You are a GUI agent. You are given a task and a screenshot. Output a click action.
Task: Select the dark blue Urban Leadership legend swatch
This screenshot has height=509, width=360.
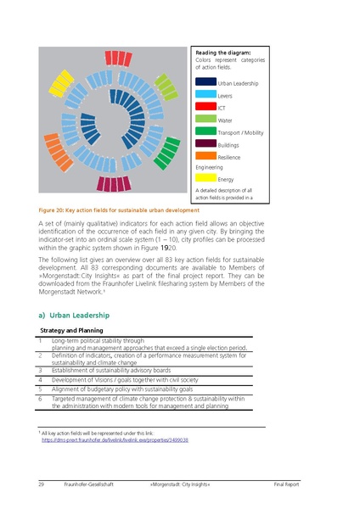pyautogui.click(x=205, y=82)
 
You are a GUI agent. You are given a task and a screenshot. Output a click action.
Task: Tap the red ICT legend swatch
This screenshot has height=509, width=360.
pyautogui.click(x=205, y=107)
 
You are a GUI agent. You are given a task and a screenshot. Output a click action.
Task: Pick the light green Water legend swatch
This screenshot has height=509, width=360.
pyautogui.click(x=205, y=119)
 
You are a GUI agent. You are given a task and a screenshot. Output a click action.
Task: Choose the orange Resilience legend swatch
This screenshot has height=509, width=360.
pyautogui.click(x=205, y=155)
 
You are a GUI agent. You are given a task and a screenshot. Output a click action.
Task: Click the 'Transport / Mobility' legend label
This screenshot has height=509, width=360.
pyautogui.click(x=240, y=133)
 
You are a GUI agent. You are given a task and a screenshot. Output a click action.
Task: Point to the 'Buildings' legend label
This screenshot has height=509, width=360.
pyautogui.click(x=228, y=145)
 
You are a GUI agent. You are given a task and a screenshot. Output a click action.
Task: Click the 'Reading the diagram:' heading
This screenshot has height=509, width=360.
pyautogui.click(x=222, y=53)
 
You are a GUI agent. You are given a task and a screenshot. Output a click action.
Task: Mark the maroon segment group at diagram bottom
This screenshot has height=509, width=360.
pyautogui.click(x=112, y=183)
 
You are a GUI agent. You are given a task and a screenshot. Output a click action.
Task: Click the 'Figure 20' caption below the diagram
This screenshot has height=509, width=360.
pyautogui.click(x=119, y=210)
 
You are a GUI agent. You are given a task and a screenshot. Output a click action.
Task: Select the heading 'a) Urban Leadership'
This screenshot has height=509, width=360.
pyautogui.click(x=74, y=315)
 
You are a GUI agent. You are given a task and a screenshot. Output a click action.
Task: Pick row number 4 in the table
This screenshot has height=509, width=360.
pyautogui.click(x=40, y=380)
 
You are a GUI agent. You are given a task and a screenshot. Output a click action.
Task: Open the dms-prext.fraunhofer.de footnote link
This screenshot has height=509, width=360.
pyautogui.click(x=115, y=440)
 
